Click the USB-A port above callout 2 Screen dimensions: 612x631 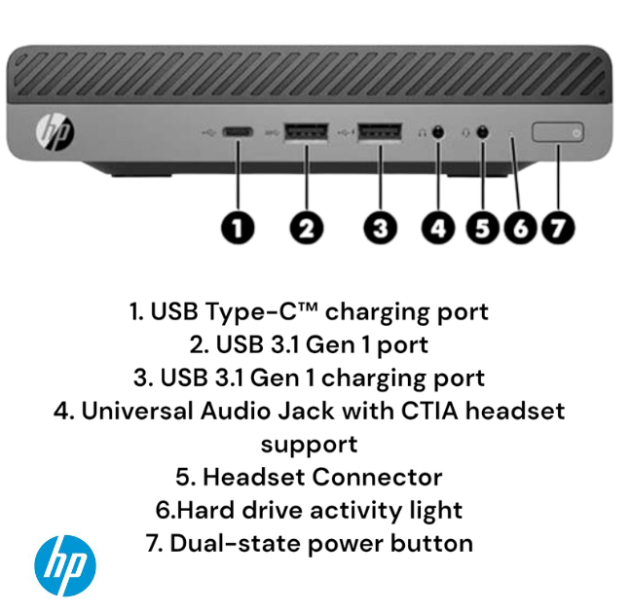[305, 130]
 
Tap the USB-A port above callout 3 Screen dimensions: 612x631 [379, 130]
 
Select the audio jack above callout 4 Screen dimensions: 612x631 [438, 131]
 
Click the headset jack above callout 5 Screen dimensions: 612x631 [484, 131]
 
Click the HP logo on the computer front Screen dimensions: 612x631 [53, 129]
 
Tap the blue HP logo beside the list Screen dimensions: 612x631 [65, 565]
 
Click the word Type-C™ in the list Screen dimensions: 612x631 [276, 312]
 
